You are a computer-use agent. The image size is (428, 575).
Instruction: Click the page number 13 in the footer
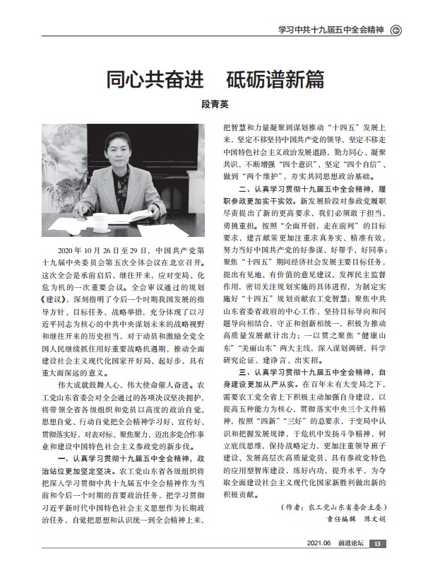pyautogui.click(x=378, y=563)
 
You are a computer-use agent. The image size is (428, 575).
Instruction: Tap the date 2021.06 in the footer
pyautogui.click(x=317, y=563)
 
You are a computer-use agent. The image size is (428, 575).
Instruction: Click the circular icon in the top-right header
pyautogui.click(x=396, y=29)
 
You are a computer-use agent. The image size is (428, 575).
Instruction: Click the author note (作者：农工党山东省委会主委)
pyautogui.click(x=332, y=506)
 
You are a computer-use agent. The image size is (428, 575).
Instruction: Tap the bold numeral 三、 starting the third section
pyautogui.click(x=246, y=371)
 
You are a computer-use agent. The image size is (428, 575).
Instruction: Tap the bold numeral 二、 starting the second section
pyautogui.click(x=246, y=190)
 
